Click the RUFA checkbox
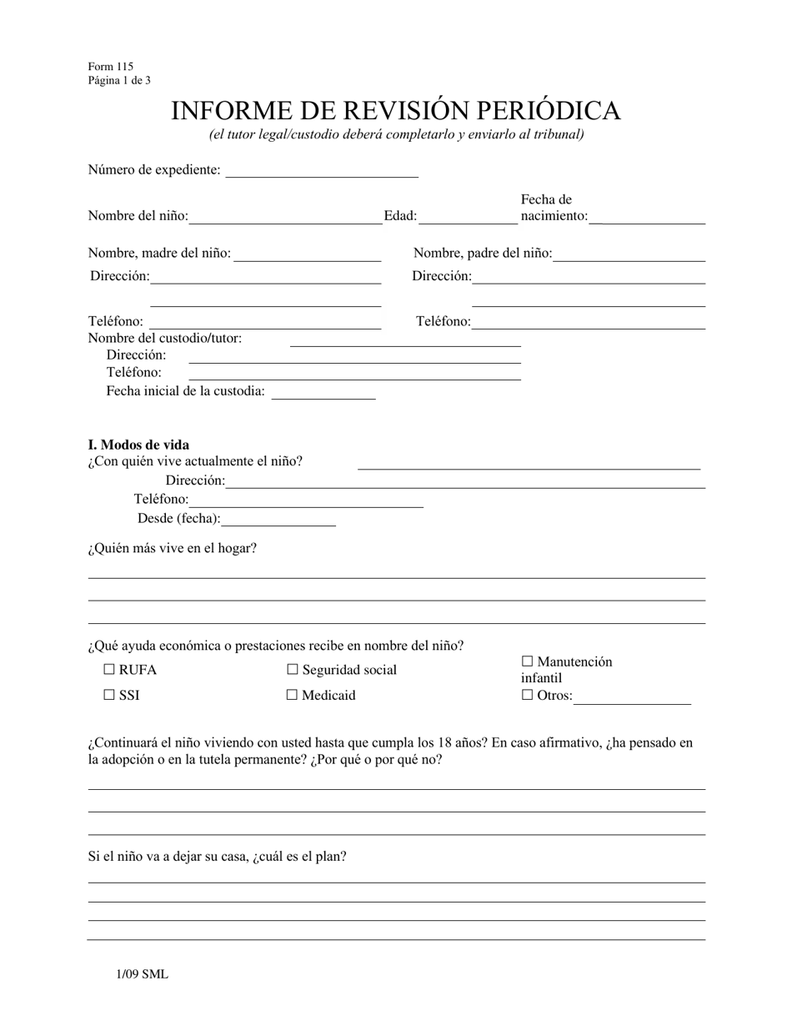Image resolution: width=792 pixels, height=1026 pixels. click(109, 669)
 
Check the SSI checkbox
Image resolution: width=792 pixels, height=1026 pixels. click(109, 694)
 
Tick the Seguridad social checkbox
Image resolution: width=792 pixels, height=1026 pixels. click(292, 669)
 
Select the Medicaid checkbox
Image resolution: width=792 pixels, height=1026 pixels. click(292, 694)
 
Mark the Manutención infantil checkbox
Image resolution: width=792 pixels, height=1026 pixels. click(527, 661)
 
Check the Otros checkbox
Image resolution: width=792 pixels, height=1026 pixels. click(527, 694)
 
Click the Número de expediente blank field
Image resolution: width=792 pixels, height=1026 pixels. click(322, 170)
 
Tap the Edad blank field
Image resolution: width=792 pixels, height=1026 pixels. click(468, 217)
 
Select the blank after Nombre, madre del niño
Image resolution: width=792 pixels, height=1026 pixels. click(308, 254)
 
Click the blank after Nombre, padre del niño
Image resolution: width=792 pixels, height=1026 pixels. click(629, 254)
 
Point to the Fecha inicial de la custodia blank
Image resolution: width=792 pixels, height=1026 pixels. click(323, 392)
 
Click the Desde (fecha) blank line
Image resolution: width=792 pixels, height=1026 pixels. click(278, 519)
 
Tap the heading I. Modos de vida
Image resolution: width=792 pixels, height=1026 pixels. click(138, 445)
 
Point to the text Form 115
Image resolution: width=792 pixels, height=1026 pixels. click(110, 67)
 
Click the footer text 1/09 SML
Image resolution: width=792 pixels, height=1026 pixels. click(142, 973)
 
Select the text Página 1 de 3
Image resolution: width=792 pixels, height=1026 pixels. click(119, 80)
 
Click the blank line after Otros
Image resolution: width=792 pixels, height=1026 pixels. click(632, 697)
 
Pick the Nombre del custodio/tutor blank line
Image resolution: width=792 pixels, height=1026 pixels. click(405, 339)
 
